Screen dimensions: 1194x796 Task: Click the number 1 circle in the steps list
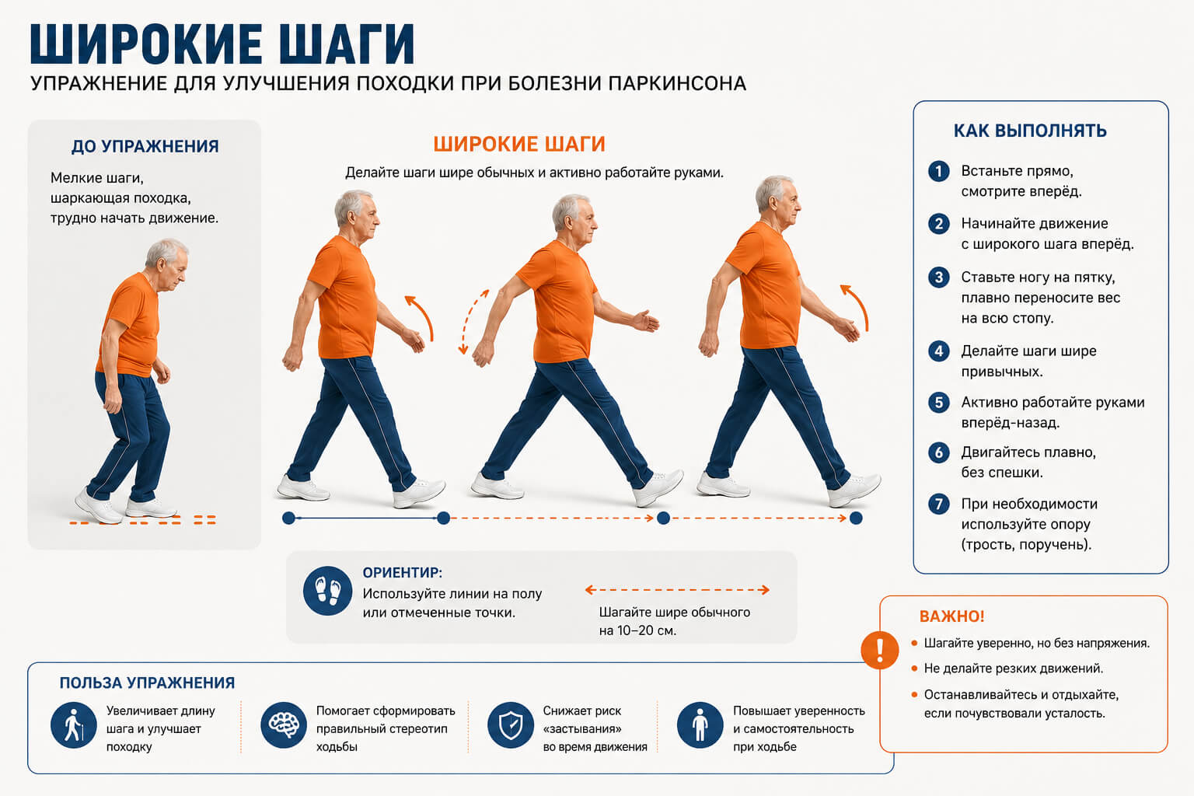click(x=939, y=172)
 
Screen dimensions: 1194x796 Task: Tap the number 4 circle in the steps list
click(x=939, y=351)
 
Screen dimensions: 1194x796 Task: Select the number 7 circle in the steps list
click(x=939, y=504)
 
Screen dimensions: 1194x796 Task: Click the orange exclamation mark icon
click(x=879, y=650)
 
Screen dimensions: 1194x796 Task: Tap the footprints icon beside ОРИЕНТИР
click(x=327, y=591)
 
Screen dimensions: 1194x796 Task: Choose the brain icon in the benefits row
click(x=284, y=725)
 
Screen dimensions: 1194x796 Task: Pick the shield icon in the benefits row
click(x=511, y=725)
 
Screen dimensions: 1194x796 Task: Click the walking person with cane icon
click(x=74, y=725)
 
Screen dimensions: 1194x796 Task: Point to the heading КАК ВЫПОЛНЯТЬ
click(x=1030, y=131)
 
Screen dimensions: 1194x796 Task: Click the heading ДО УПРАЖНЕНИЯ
click(x=145, y=146)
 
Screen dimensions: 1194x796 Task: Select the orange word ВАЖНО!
click(x=951, y=616)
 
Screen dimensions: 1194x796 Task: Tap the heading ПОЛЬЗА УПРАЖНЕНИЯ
click(x=147, y=683)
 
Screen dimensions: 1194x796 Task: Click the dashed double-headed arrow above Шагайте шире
click(x=677, y=590)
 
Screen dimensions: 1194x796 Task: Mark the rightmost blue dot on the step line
click(x=856, y=518)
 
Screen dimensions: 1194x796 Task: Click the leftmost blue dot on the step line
click(x=288, y=518)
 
